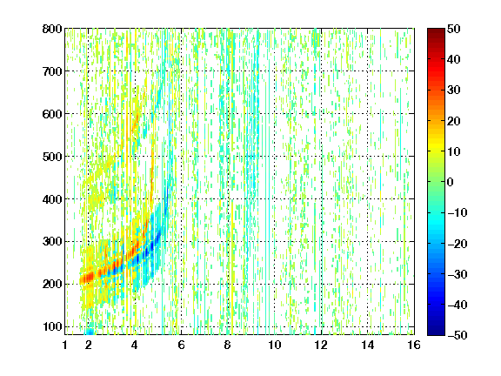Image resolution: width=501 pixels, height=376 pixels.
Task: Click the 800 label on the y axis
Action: (x=52, y=29)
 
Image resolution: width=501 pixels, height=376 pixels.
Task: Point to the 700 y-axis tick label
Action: (x=52, y=71)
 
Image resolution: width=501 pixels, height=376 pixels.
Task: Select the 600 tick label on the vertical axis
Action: (x=52, y=114)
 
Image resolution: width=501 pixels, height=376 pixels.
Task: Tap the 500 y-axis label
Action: (x=52, y=157)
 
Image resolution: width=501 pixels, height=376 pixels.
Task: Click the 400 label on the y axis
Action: (x=52, y=199)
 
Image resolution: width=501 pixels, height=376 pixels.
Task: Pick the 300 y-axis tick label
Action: (x=52, y=241)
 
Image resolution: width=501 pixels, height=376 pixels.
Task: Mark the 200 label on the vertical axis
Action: (x=52, y=284)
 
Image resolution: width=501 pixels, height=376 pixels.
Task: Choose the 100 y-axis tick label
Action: (x=52, y=326)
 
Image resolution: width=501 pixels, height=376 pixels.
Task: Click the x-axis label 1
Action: (x=65, y=345)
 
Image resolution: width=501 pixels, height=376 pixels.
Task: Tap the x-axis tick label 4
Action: (x=135, y=345)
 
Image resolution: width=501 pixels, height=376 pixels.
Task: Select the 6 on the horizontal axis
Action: (x=181, y=345)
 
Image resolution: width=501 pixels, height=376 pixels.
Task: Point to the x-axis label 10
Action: (x=275, y=345)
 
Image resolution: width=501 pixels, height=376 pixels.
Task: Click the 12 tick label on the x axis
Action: (x=321, y=345)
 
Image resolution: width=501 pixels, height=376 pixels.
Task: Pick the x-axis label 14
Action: (x=368, y=345)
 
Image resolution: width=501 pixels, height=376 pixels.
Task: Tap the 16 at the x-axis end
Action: (x=414, y=345)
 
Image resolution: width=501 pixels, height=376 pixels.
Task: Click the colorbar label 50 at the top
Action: (x=453, y=29)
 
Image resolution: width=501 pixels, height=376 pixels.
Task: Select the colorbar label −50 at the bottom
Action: (x=458, y=335)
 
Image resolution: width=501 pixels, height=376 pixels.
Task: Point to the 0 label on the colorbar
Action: (x=450, y=182)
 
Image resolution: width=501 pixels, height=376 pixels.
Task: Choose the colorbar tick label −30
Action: (x=458, y=274)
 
